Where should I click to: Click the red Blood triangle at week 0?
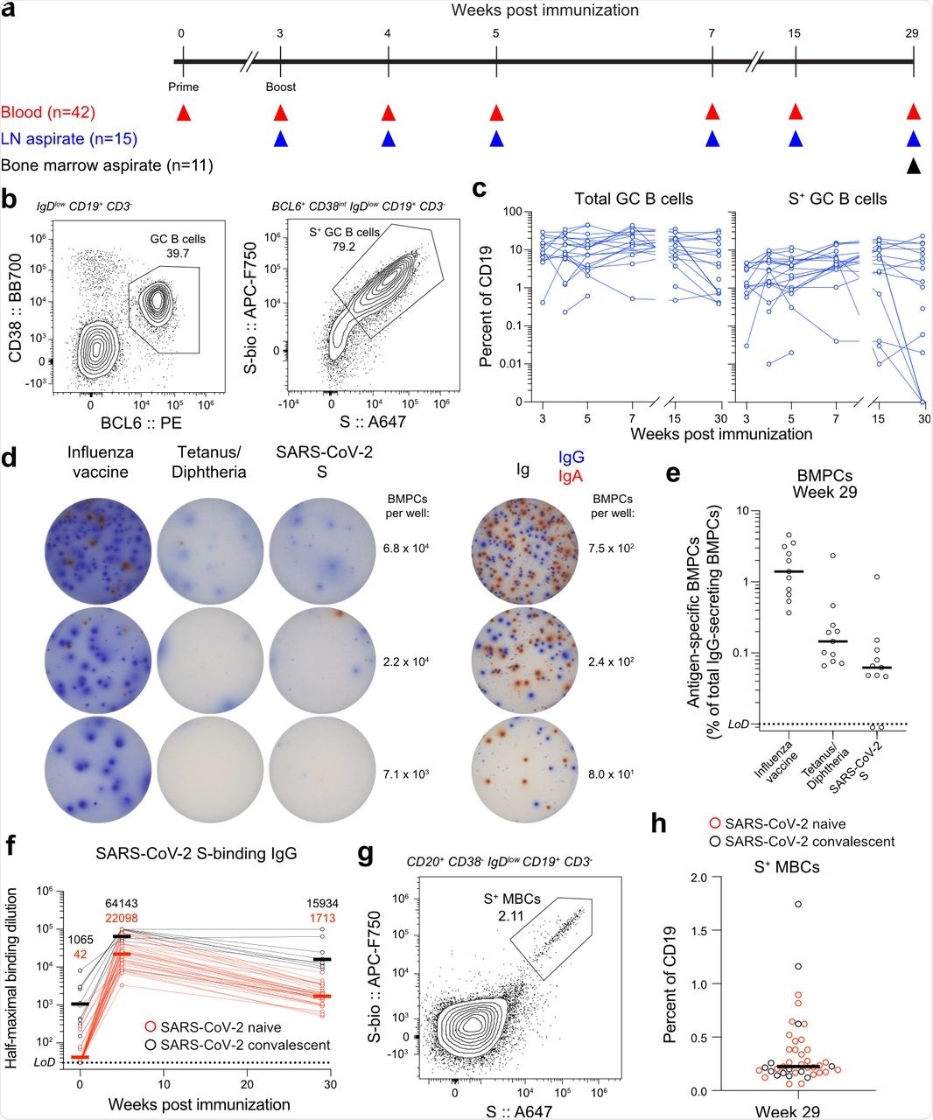183,112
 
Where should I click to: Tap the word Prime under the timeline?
183,87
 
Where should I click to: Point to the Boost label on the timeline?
280,87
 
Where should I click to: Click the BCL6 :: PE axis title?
130,430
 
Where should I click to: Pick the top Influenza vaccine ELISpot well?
89,549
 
